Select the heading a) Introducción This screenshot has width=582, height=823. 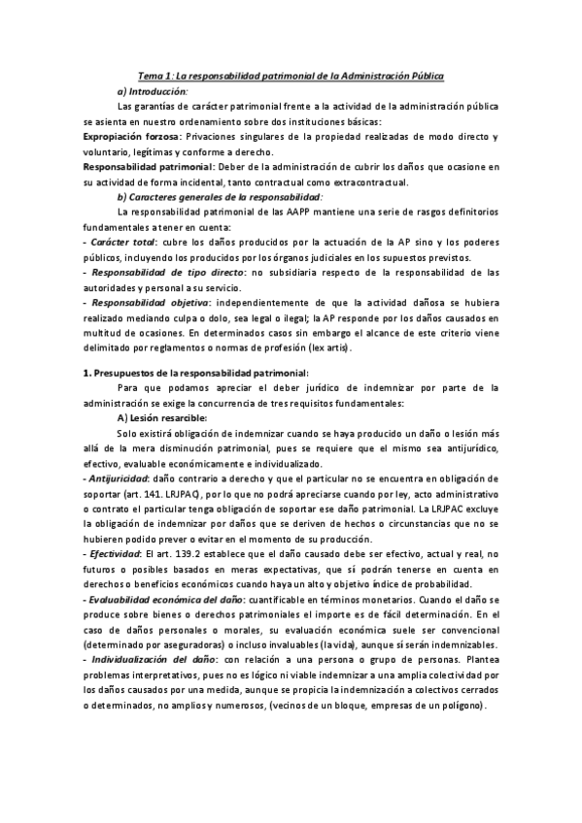pyautogui.click(x=152, y=90)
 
